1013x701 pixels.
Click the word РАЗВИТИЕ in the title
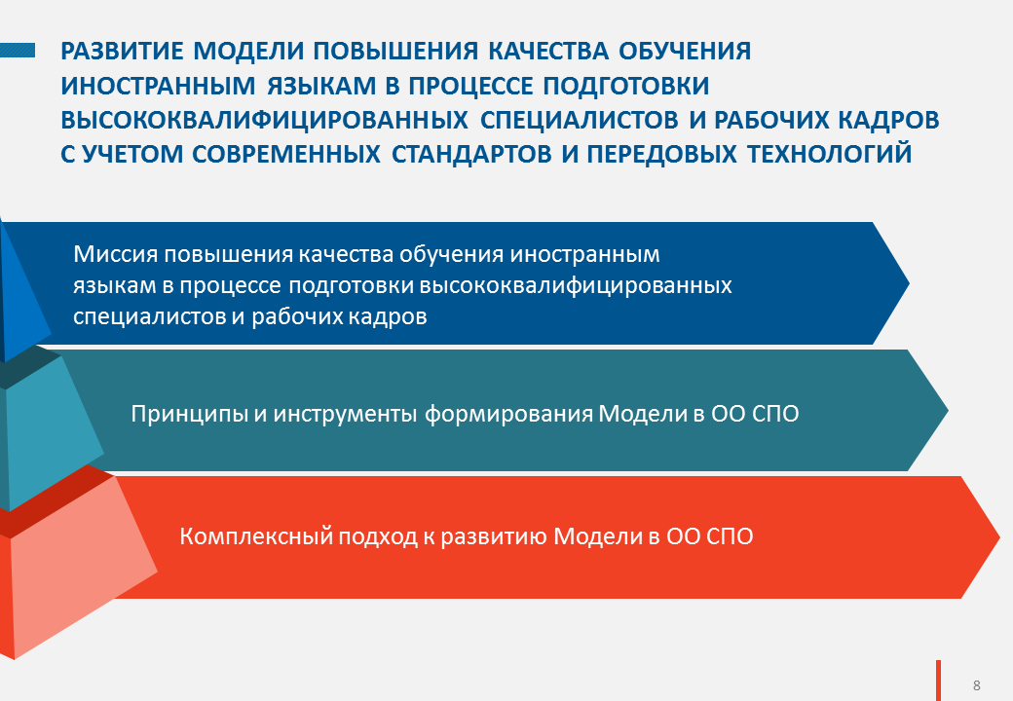pyautogui.click(x=122, y=51)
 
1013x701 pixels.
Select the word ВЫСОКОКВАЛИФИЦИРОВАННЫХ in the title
pyautogui.click(x=264, y=120)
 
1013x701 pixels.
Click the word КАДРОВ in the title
pyautogui.click(x=889, y=120)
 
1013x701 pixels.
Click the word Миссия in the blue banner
pyautogui.click(x=115, y=254)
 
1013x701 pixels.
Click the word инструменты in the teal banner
pyautogui.click(x=345, y=414)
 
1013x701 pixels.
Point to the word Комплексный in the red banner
pyautogui.click(x=256, y=536)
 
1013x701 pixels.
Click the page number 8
pyautogui.click(x=977, y=684)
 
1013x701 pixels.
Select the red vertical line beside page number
pyautogui.click(x=939, y=681)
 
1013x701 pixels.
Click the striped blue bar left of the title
pyautogui.click(x=18, y=51)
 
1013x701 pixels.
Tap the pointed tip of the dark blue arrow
pyautogui.click(x=909, y=282)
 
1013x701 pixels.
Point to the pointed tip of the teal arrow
pyautogui.click(x=947, y=411)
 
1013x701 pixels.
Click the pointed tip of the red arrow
pyautogui.click(x=998, y=537)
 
